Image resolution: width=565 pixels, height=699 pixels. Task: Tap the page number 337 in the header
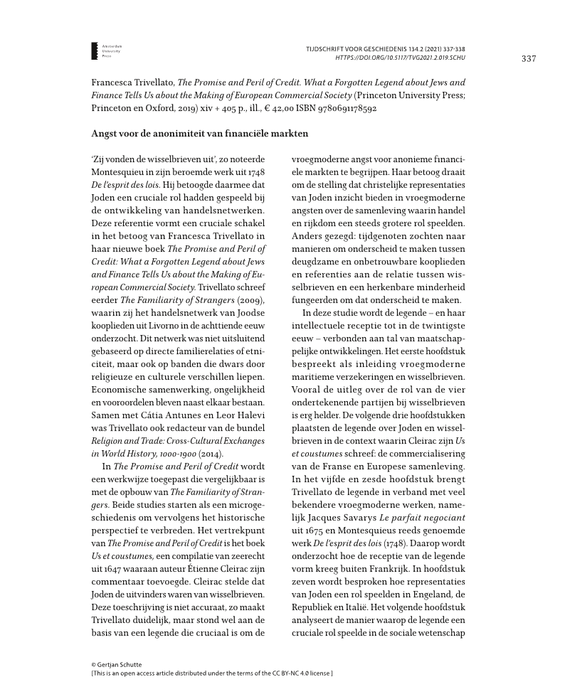coord(528,58)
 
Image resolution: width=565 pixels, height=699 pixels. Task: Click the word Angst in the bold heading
coord(105,134)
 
